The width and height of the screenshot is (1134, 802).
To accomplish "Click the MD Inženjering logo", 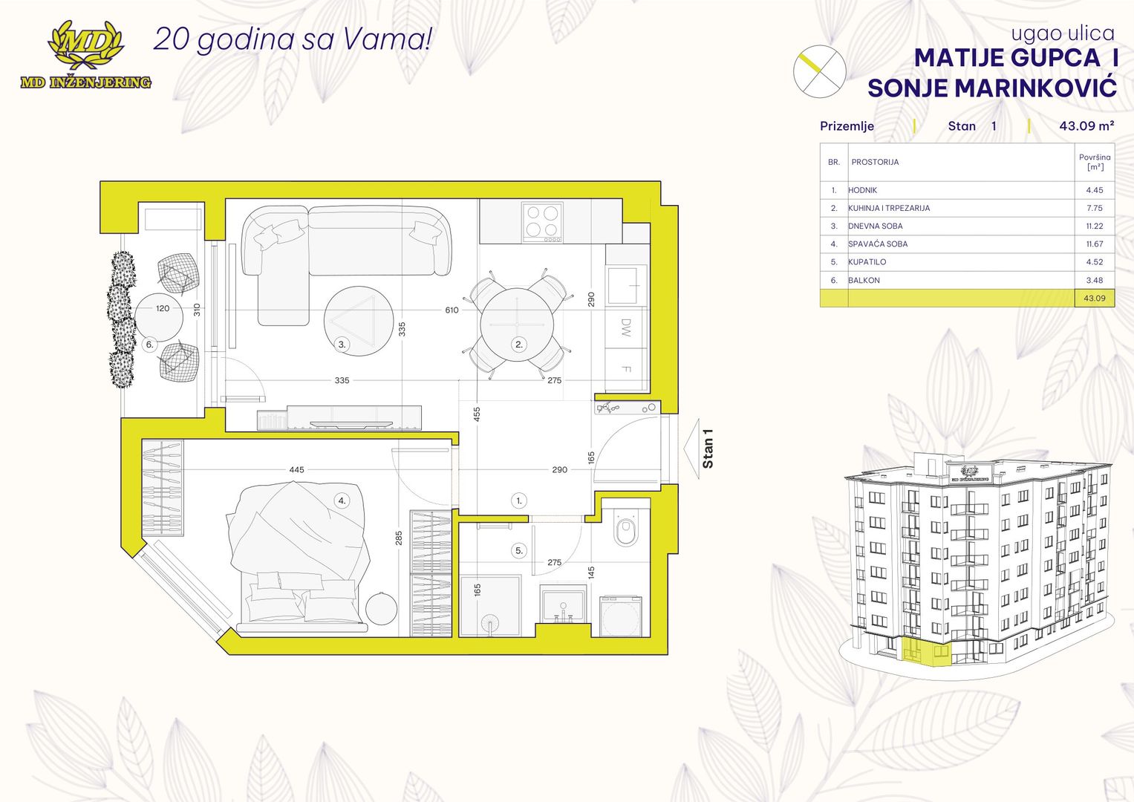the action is (85, 55).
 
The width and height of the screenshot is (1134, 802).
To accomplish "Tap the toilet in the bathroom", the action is (626, 529).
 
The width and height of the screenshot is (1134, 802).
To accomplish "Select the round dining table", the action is (517, 325).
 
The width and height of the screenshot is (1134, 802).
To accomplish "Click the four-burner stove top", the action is (542, 222).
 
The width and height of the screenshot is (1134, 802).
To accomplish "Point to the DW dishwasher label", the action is (625, 328).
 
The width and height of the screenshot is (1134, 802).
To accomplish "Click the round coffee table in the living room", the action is (359, 321).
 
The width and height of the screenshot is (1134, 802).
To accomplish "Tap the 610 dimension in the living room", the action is (452, 310).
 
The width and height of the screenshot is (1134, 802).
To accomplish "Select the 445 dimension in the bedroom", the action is (296, 470).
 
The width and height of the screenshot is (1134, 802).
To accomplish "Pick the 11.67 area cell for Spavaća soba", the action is (1094, 244).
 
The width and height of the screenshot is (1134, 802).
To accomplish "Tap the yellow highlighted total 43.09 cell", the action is (1095, 299).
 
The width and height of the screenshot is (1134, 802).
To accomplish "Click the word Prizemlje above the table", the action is (847, 126).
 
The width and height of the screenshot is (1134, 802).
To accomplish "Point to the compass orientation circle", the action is (819, 71).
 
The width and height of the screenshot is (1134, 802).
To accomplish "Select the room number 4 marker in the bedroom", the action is (342, 501).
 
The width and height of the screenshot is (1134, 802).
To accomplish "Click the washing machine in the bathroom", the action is (620, 616).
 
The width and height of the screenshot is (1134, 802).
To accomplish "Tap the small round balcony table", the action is (159, 317).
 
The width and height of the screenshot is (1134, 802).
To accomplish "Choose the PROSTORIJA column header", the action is (875, 162).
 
